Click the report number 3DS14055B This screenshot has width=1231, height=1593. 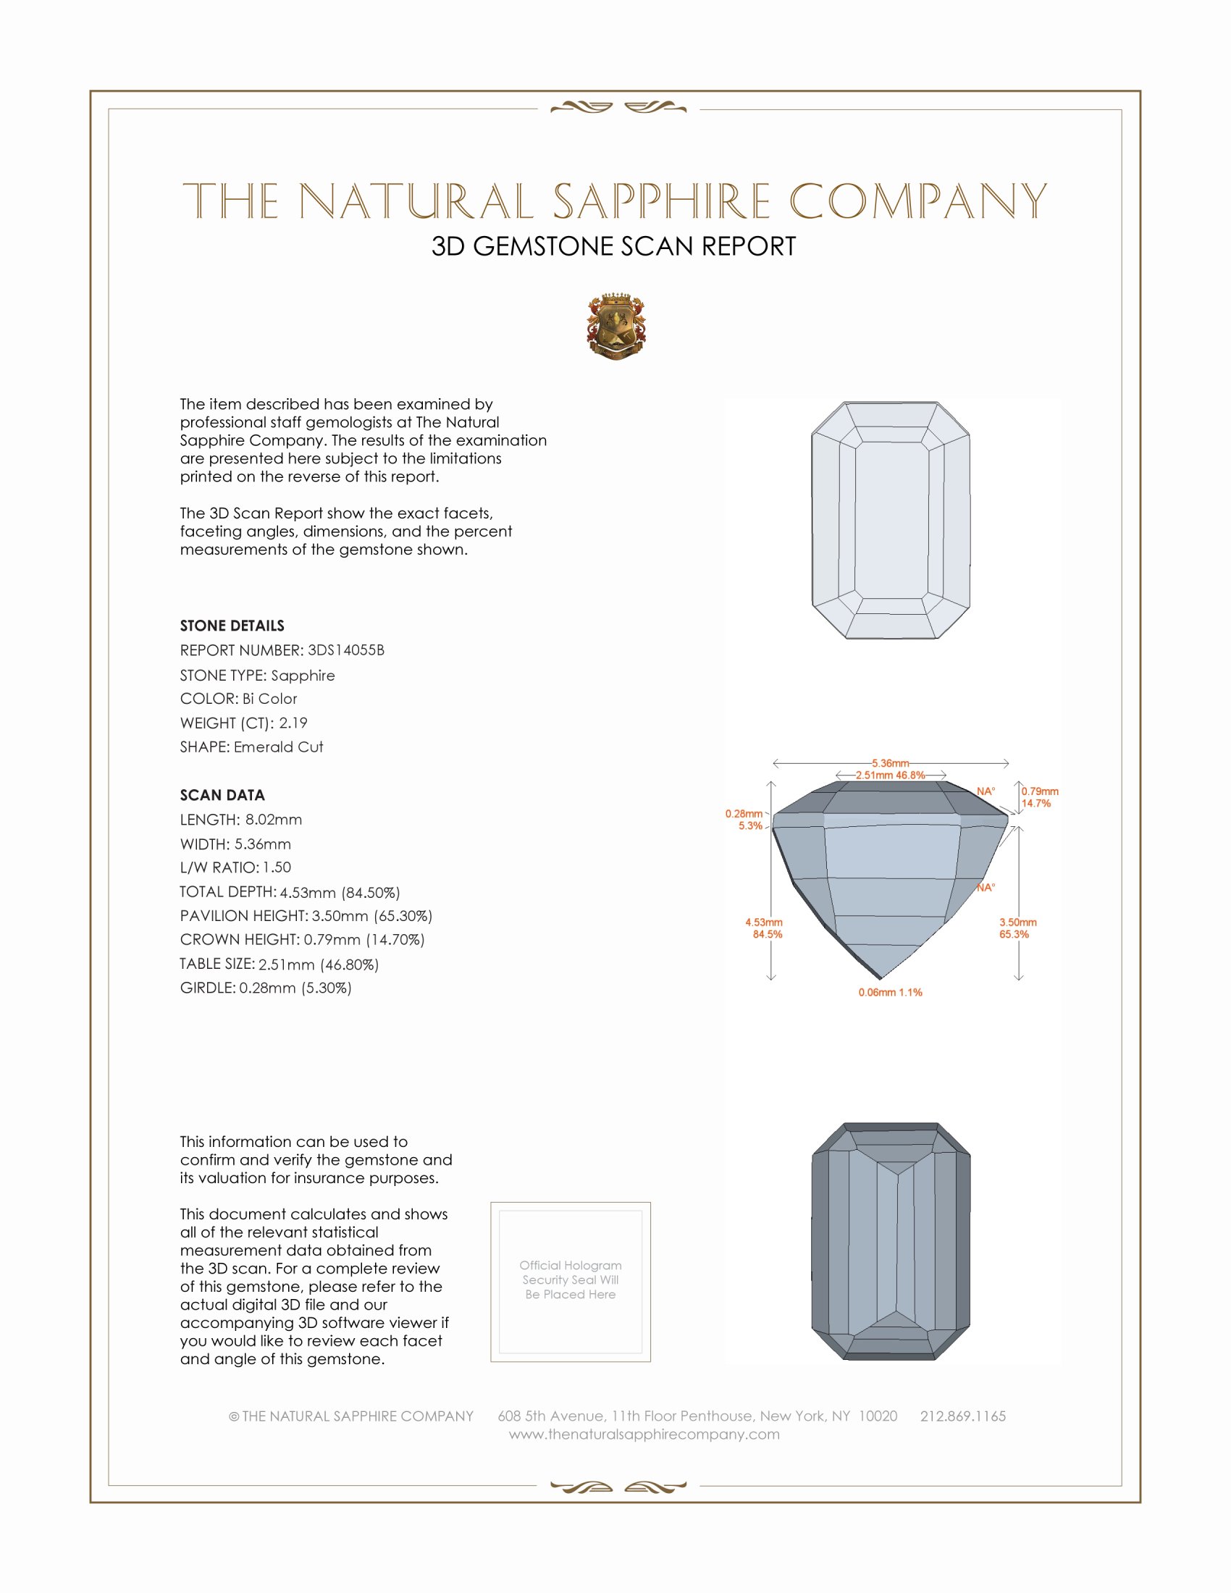click(x=345, y=650)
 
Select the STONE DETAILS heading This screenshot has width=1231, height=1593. click(x=232, y=626)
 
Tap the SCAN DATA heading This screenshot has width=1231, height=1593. click(x=222, y=795)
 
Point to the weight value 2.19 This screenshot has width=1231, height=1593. click(x=293, y=723)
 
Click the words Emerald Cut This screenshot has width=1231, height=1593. click(x=279, y=747)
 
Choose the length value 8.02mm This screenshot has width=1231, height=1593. click(x=274, y=819)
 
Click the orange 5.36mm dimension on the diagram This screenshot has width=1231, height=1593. click(x=890, y=763)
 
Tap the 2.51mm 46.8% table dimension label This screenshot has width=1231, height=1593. click(x=890, y=776)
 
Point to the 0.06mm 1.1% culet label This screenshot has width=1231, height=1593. click(x=890, y=992)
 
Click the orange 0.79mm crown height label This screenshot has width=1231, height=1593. click(x=1039, y=791)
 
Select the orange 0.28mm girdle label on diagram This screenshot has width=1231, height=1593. click(x=744, y=814)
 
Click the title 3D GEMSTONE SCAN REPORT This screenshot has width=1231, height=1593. click(x=613, y=246)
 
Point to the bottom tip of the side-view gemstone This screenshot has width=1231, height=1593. click(x=881, y=978)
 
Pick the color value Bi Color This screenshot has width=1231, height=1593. click(x=270, y=699)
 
